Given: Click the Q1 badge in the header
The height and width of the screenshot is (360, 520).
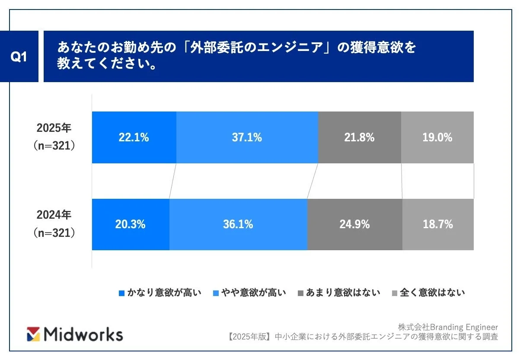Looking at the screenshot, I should pos(19,57).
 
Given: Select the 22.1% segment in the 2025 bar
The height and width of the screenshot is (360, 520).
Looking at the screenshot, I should pos(134,137).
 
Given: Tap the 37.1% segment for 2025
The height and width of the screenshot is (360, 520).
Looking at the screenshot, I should pos(247,137).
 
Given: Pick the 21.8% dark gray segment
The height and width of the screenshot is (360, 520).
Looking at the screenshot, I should pos(359,137).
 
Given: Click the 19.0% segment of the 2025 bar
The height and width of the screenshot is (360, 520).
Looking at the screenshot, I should pos(437,137).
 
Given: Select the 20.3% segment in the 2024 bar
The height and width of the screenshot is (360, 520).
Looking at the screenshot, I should pos(131,224).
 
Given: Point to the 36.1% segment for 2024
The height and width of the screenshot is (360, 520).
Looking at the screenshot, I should pos(238,224).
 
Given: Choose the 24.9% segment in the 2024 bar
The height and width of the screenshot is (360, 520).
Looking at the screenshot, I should pos(354,224).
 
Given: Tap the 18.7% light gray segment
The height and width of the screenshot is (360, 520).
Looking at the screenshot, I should pos(438,224).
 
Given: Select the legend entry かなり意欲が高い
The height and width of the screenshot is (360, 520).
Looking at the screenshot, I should pos(160,293).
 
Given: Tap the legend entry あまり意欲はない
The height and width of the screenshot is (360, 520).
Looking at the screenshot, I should pos(339,293).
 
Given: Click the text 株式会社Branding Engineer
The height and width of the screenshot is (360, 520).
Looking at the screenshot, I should pos(448,327).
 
